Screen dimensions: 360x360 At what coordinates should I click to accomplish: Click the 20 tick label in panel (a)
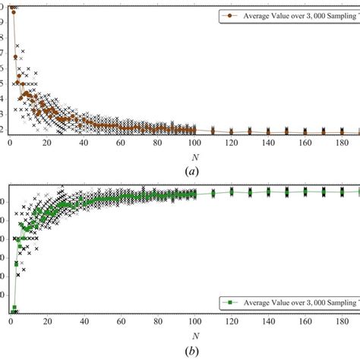47,143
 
